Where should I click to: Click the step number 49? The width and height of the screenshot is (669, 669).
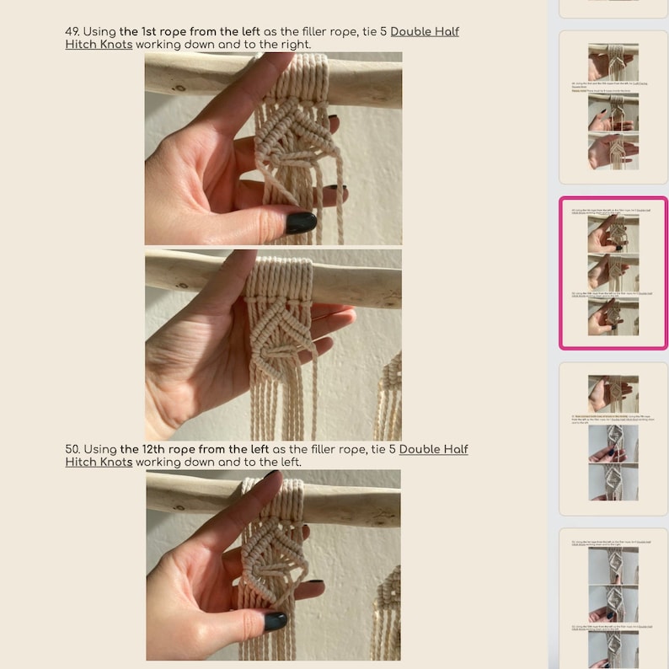72,32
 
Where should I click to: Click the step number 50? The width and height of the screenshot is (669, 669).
72,450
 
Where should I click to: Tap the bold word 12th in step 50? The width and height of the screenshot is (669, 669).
147,450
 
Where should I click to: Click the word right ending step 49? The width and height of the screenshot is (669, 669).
292,45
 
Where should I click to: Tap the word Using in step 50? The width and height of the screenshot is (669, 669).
100,450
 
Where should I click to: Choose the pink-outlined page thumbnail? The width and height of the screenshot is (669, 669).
613,273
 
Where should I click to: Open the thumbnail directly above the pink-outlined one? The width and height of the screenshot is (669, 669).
613,107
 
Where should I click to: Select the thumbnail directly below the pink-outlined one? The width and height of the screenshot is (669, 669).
613,438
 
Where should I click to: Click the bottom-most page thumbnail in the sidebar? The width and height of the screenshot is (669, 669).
613,598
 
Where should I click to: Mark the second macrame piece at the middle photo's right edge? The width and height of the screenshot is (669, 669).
389,396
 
